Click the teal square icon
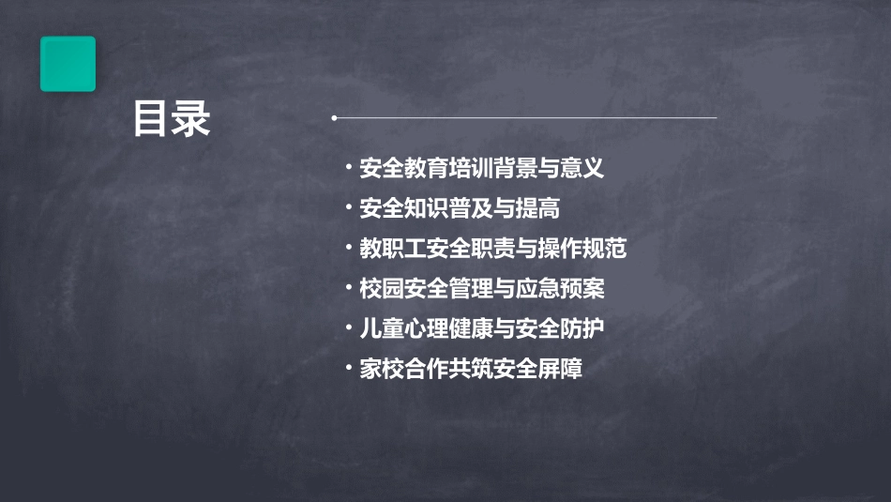[x=68, y=64]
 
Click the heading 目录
[x=172, y=119]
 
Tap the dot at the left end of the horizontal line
[x=334, y=118]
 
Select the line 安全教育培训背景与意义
[x=481, y=169]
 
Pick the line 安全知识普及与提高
[x=460, y=208]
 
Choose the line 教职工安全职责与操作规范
[x=492, y=249]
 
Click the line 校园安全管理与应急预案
[x=481, y=289]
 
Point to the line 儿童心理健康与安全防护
[x=481, y=328]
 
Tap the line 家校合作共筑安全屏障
[x=471, y=369]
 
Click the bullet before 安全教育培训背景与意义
[x=348, y=168]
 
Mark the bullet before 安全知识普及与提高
[x=348, y=207]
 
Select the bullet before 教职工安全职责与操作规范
[x=348, y=248]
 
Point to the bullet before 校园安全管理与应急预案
[x=348, y=288]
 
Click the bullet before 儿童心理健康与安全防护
[x=348, y=327]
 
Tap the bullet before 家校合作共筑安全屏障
[x=348, y=368]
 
